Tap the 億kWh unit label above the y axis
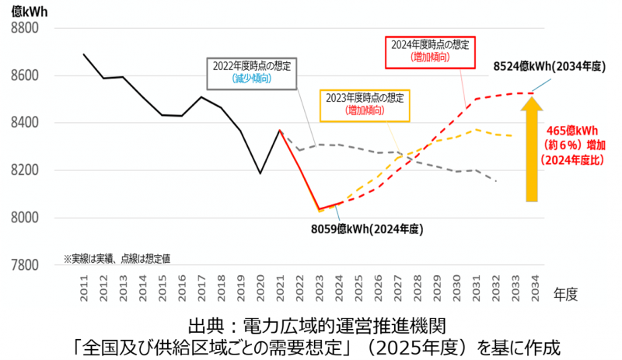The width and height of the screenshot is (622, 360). click(25, 10)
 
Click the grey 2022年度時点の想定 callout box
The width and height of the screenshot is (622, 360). click(252, 72)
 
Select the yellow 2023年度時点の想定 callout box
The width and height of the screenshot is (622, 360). click(365, 104)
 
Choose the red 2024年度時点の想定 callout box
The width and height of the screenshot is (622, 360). click(430, 50)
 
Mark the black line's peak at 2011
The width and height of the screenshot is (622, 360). click(84, 54)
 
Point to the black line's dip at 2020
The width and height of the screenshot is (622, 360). click(260, 173)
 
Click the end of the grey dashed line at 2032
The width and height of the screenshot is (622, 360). click(497, 181)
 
